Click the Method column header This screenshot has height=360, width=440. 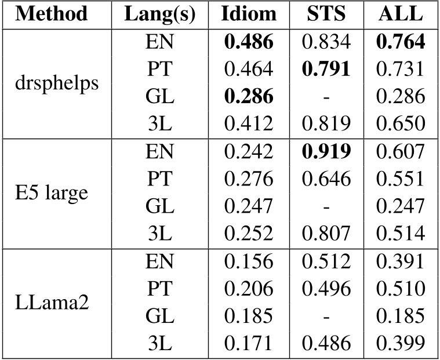point(52,13)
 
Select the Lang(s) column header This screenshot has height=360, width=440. point(155,13)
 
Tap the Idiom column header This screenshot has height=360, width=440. point(248,13)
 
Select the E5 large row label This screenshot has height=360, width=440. point(52,192)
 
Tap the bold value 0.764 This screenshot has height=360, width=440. point(401,41)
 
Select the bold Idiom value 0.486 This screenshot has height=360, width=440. point(248,41)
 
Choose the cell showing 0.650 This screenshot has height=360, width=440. point(401,123)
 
